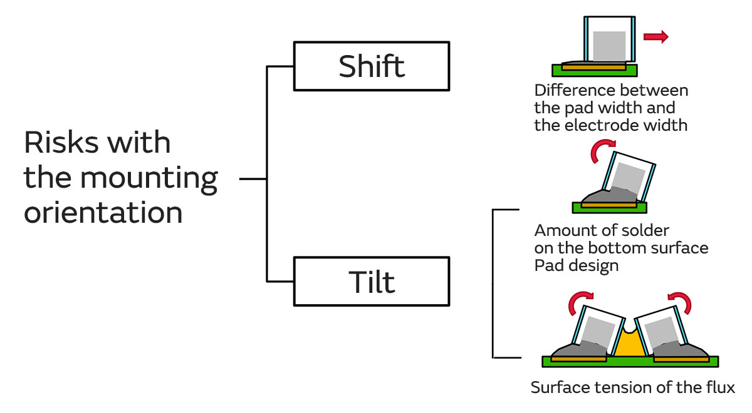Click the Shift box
(371, 66)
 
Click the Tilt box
(371, 282)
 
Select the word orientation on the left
(103, 213)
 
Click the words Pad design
(576, 265)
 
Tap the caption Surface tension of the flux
(632, 387)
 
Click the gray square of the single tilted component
(629, 177)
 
